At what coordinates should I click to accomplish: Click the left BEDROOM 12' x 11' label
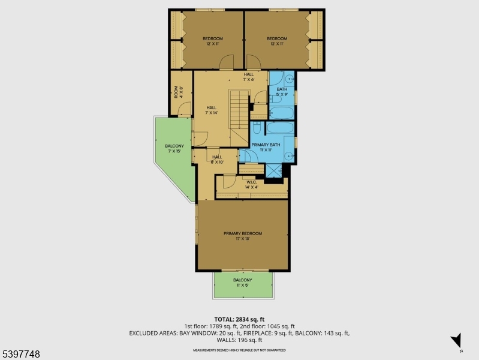[213, 41]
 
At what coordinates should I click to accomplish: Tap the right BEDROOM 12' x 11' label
[276, 41]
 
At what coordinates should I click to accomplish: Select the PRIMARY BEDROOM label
[243, 236]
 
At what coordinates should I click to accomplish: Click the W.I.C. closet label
[252, 185]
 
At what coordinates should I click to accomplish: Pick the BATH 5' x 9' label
[282, 92]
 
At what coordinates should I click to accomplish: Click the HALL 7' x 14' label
[212, 110]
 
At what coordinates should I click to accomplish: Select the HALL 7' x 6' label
[249, 76]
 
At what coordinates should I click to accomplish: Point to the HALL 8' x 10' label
[216, 159]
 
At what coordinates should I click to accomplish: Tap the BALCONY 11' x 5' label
[243, 283]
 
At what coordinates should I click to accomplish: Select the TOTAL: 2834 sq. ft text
[239, 319]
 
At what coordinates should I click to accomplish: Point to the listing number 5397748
[20, 354]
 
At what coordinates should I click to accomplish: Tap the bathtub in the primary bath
[280, 128]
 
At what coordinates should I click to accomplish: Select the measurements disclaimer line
[239, 350]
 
